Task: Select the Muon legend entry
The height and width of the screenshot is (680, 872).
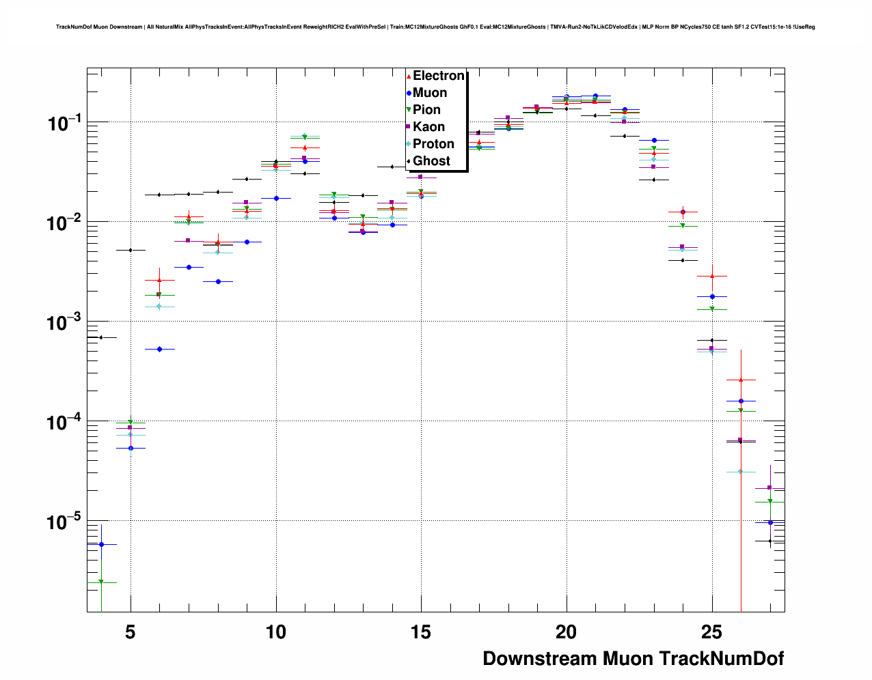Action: tap(429, 93)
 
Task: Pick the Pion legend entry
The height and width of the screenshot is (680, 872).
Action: tap(426, 110)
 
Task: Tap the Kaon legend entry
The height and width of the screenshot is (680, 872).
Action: tap(428, 127)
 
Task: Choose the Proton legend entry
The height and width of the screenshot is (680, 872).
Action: tap(433, 144)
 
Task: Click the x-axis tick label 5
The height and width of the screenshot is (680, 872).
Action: tap(131, 632)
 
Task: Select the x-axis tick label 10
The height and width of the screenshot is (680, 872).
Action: tap(275, 632)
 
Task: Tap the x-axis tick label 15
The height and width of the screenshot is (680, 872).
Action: tap(421, 632)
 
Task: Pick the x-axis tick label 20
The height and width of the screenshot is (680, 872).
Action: tap(566, 632)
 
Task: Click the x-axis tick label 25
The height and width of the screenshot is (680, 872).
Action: tap(711, 632)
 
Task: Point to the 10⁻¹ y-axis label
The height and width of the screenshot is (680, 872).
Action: tap(64, 124)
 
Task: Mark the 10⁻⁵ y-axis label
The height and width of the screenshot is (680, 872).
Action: tap(64, 522)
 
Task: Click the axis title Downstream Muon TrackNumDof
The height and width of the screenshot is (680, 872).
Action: tap(633, 659)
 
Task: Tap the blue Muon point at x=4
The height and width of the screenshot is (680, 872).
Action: tap(101, 544)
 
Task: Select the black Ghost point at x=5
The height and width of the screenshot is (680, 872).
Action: tap(131, 250)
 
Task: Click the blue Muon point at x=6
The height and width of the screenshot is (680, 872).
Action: tap(159, 349)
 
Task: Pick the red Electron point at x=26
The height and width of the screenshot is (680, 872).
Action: tap(741, 380)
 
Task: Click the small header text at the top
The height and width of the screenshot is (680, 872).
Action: tap(435, 27)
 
